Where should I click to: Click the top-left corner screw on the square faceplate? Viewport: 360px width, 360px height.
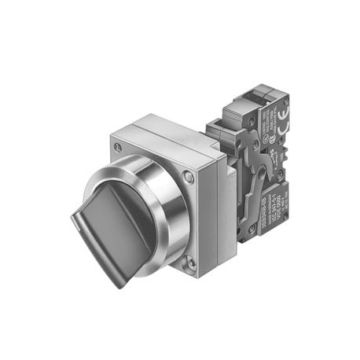point(118,146)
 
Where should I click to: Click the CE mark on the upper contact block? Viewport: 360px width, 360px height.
point(279,123)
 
